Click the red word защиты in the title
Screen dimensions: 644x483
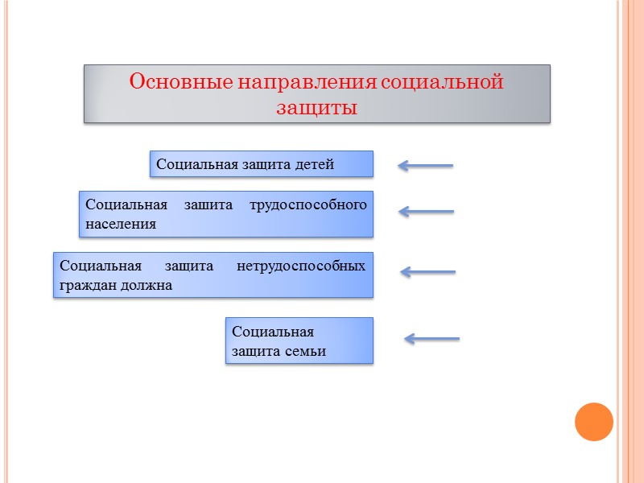[x=316, y=107]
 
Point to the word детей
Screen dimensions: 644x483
[x=315, y=165]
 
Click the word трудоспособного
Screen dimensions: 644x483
[x=308, y=204]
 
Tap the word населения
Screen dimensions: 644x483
[x=121, y=224]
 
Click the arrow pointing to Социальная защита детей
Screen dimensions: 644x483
[x=426, y=166]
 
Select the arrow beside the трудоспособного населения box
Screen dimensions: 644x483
[x=426, y=212]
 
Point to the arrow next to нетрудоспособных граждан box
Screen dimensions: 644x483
[x=427, y=272]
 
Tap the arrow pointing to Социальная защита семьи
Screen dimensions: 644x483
[x=431, y=339]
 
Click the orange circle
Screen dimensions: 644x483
[x=594, y=422]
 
